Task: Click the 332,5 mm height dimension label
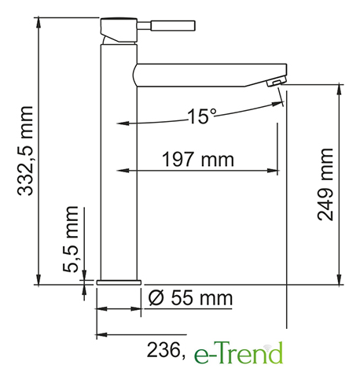(25, 151)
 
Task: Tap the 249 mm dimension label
(325, 184)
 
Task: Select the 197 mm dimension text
(198, 159)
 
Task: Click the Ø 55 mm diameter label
(190, 298)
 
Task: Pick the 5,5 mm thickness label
(71, 239)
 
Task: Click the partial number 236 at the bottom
(166, 351)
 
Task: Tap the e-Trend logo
(238, 352)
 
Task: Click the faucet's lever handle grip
(173, 26)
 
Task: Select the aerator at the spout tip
(277, 81)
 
